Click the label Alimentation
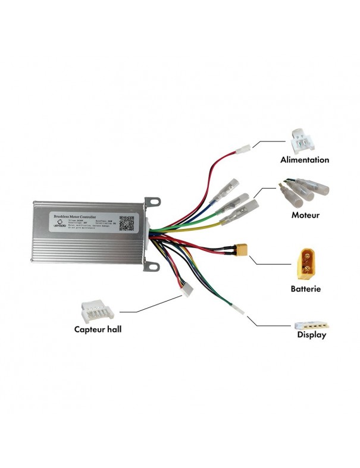pyautogui.click(x=305, y=160)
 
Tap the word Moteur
pyautogui.click(x=305, y=215)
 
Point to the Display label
pyautogui.click(x=312, y=335)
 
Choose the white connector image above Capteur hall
pyautogui.click(x=96, y=309)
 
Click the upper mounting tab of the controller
pyautogui.click(x=154, y=203)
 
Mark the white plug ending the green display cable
pyautogui.click(x=238, y=310)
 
